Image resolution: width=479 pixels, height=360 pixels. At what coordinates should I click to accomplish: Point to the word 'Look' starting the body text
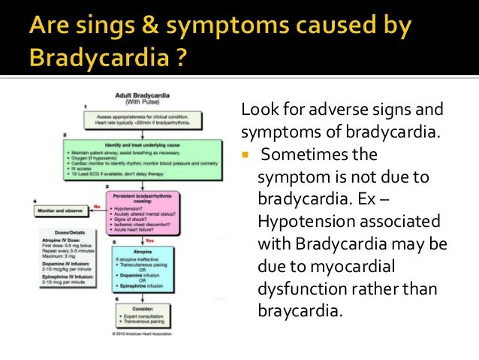[255, 111]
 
